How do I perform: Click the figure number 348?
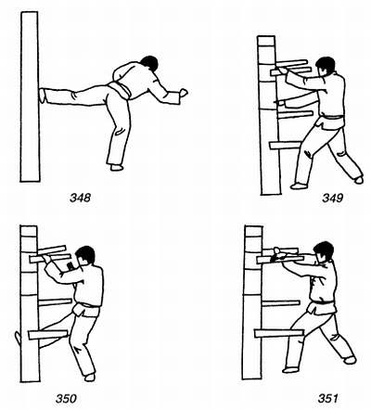(x=80, y=198)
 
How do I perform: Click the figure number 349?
(x=333, y=198)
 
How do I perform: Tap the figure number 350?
(x=66, y=399)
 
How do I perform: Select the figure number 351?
(x=327, y=398)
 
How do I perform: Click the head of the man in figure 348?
(x=149, y=63)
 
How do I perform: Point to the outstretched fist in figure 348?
(x=184, y=93)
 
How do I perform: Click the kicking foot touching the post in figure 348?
(x=43, y=96)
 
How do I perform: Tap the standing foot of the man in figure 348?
(x=117, y=168)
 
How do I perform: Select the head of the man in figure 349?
(x=325, y=66)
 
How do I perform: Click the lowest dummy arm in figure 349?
(x=285, y=145)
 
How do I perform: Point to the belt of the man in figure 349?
(x=332, y=118)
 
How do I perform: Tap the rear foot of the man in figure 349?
(x=359, y=180)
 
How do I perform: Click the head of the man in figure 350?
(x=85, y=255)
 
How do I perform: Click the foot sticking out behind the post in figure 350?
(x=19, y=339)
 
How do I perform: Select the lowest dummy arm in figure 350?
(x=48, y=335)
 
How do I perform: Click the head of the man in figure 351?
(x=324, y=251)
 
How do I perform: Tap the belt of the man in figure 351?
(x=322, y=301)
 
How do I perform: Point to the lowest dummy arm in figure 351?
(x=279, y=333)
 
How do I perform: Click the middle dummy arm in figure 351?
(x=281, y=303)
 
